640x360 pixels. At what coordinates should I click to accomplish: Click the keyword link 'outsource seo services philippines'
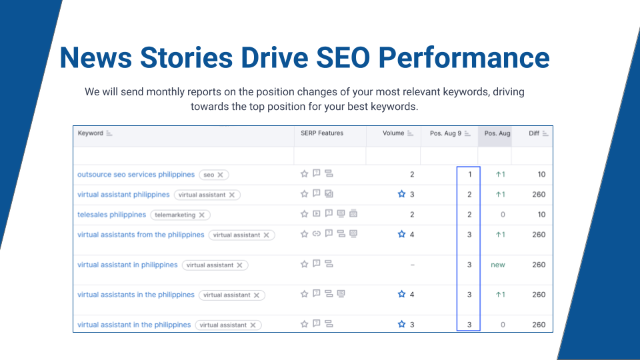(136, 174)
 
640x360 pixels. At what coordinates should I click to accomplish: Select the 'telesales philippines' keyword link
(111, 215)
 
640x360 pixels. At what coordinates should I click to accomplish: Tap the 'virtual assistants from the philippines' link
(141, 235)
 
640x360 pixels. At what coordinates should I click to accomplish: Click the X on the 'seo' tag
(221, 175)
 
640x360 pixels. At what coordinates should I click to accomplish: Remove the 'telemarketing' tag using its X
(201, 215)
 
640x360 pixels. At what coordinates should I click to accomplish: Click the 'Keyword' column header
(91, 133)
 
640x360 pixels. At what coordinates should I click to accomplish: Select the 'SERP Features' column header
(322, 133)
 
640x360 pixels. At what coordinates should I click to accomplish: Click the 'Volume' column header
(393, 133)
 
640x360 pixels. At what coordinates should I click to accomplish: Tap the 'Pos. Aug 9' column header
(446, 133)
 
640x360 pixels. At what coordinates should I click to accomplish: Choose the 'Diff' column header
(534, 133)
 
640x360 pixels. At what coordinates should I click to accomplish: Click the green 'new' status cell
(498, 265)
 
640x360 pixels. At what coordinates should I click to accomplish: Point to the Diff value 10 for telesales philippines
(541, 215)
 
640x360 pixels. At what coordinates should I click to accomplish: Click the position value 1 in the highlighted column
(470, 174)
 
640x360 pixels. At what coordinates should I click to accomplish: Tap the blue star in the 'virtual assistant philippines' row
(401, 194)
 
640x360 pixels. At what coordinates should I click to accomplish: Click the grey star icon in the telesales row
(304, 214)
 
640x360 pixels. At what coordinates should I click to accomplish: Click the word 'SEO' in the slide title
(343, 57)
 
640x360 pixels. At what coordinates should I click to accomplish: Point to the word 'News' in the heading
(96, 57)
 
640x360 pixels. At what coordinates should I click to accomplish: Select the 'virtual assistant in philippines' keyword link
(127, 265)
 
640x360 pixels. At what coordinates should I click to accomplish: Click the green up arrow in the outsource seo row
(498, 174)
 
